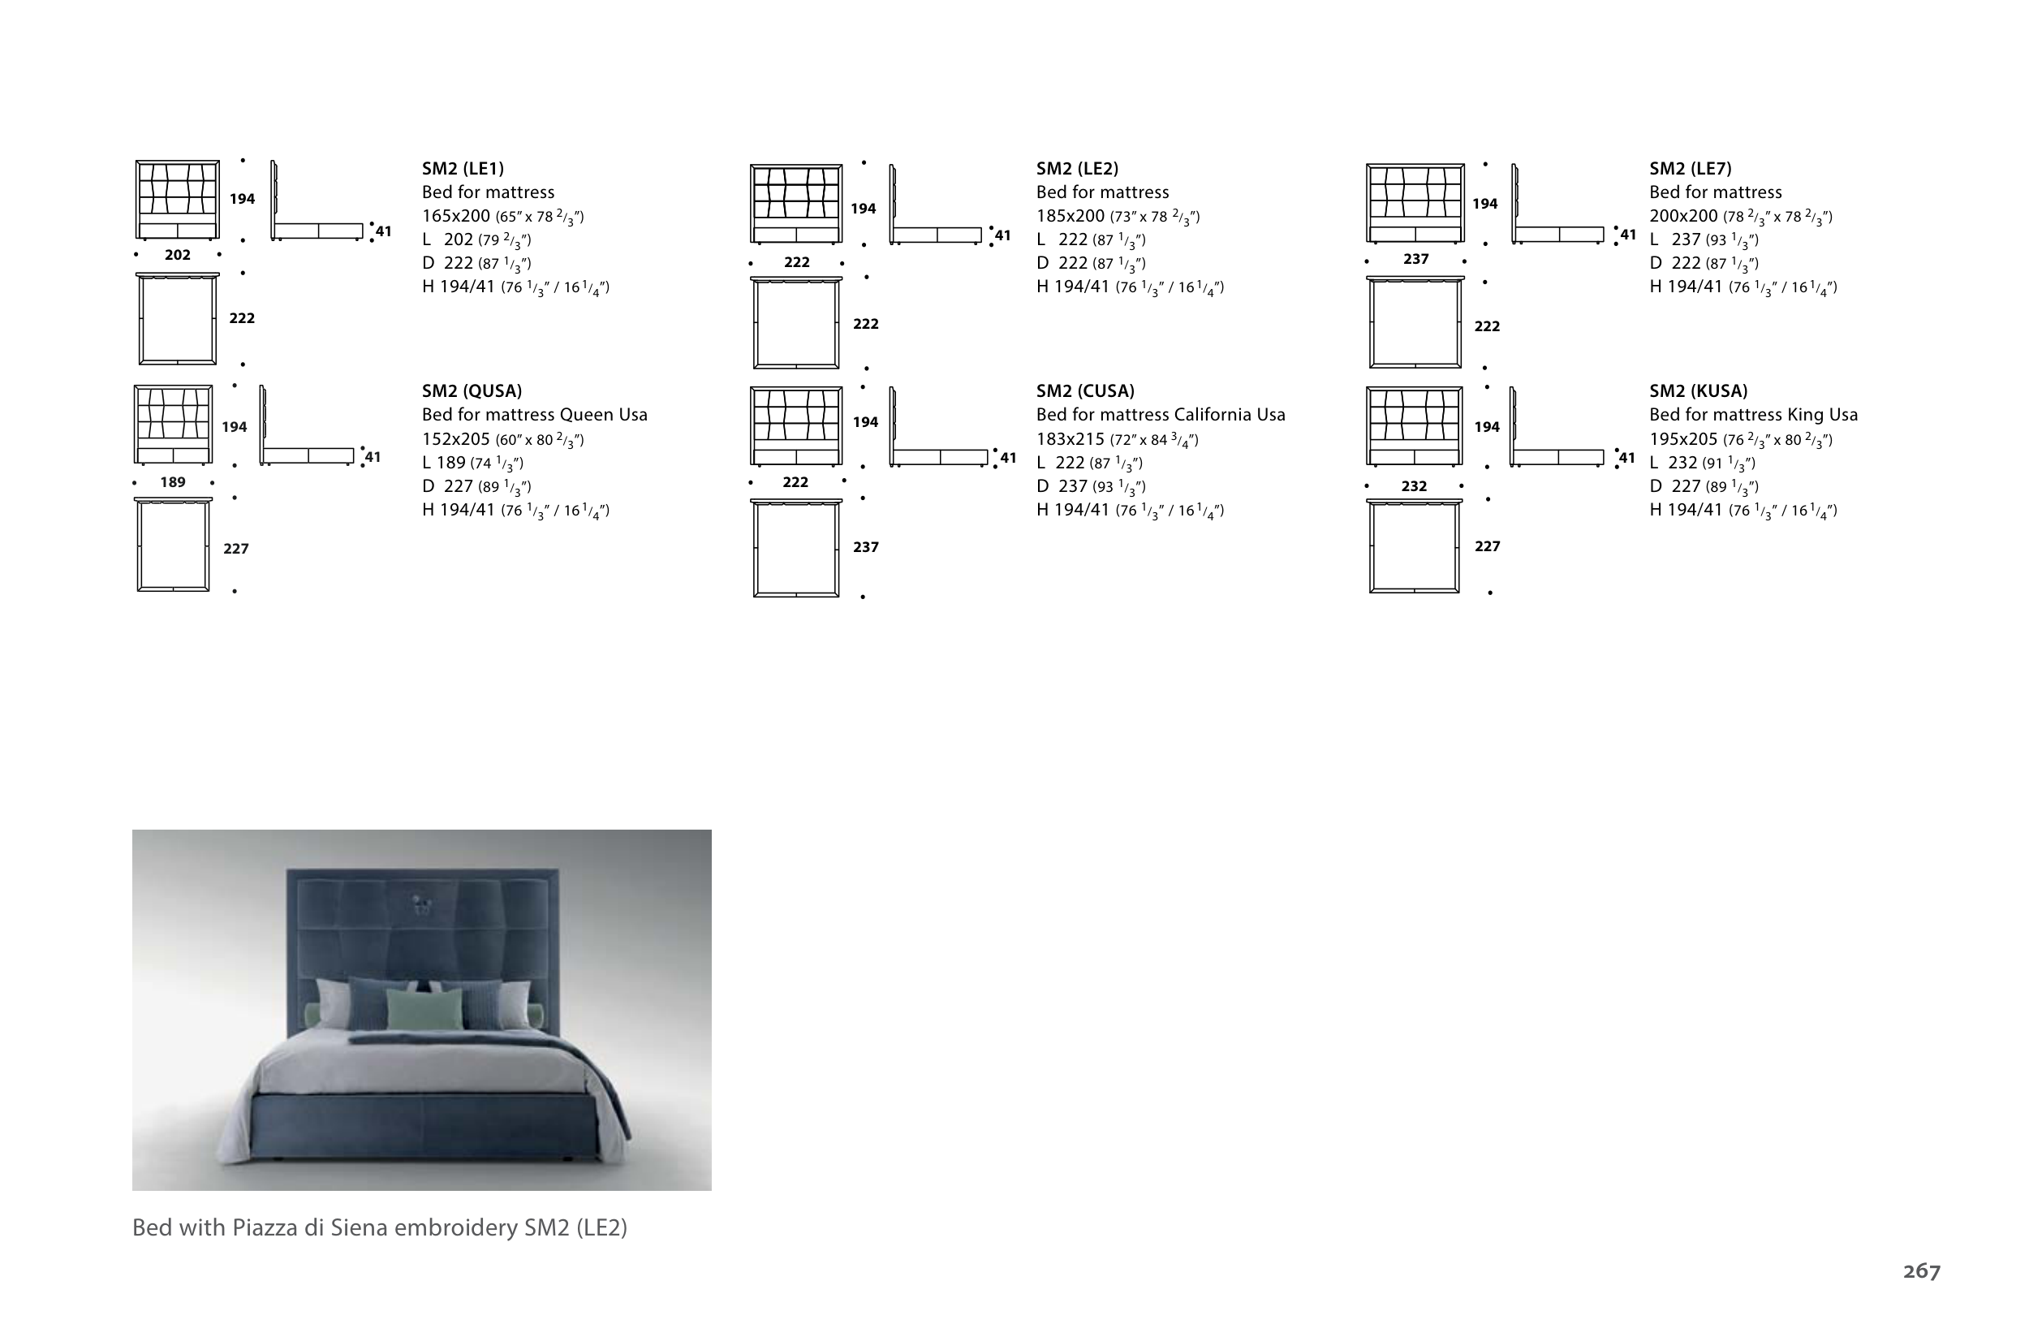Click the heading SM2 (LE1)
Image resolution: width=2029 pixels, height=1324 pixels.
tap(463, 169)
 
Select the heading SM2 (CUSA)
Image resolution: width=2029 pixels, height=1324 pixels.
tap(1085, 391)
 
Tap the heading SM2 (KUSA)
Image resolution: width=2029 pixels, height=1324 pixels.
tap(1698, 391)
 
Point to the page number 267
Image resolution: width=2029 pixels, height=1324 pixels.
tap(1922, 1271)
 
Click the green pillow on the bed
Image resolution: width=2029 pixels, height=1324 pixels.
tap(420, 1008)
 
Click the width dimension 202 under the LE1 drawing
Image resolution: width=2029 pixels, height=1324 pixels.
tap(177, 255)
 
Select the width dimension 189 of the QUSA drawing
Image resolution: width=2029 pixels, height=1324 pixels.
tap(173, 482)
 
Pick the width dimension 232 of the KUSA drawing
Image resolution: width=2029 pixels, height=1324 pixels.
tap(1414, 486)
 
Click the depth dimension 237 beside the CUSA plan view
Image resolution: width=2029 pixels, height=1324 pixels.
tap(865, 547)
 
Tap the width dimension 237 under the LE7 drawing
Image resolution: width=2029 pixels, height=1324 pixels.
tap(1415, 259)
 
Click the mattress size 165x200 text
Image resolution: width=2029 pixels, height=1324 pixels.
tap(456, 217)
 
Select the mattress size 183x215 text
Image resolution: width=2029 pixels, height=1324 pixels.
tap(1070, 439)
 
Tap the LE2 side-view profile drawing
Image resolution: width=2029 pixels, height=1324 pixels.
tap(936, 205)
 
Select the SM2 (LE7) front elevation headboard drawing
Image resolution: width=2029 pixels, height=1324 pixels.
tap(1415, 203)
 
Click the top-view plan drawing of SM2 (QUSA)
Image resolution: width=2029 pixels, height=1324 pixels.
tap(173, 544)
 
